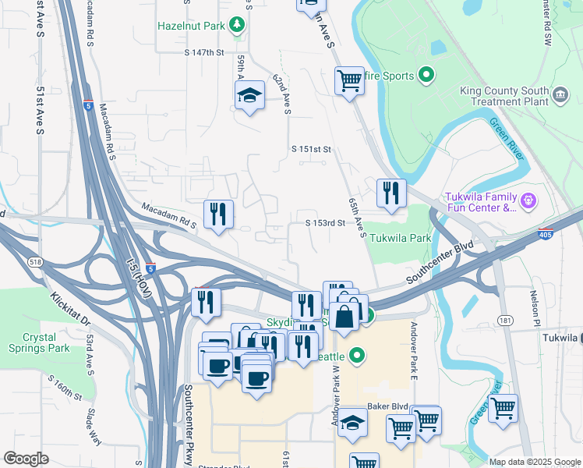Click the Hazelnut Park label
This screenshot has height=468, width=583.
coord(191,26)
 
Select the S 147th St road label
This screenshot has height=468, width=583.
coord(204,52)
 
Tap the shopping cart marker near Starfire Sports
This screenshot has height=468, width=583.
coord(348,80)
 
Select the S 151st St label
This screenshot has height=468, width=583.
coord(312,149)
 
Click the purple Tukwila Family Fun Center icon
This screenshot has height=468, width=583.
coord(528,200)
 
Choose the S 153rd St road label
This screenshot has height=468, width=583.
coord(325,223)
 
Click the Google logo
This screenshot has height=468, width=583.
coord(26,459)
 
